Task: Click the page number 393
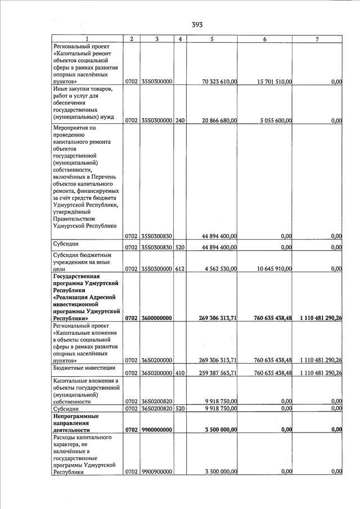(x=197, y=24)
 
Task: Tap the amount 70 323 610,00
(x=219, y=82)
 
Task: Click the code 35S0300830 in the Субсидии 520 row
(x=157, y=247)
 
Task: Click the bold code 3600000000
(x=156, y=318)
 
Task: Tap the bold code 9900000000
(x=156, y=430)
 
